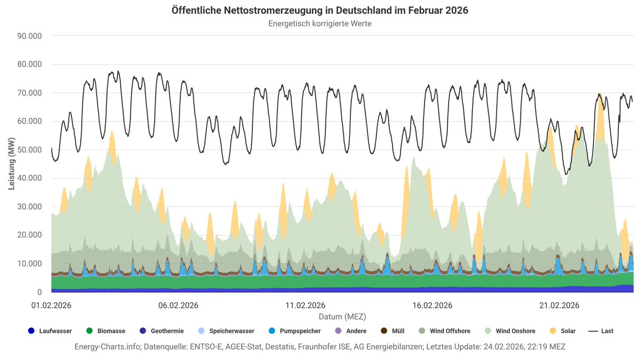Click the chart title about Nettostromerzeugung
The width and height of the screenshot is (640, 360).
[x=320, y=11]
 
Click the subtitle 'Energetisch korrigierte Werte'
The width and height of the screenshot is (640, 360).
[x=320, y=23]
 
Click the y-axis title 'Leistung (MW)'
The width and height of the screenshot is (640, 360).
[x=11, y=164]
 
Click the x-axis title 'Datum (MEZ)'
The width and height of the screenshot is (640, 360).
[x=342, y=316]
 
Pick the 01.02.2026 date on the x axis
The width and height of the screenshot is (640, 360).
[x=51, y=306]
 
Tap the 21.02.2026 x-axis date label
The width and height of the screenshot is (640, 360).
[x=559, y=306]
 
